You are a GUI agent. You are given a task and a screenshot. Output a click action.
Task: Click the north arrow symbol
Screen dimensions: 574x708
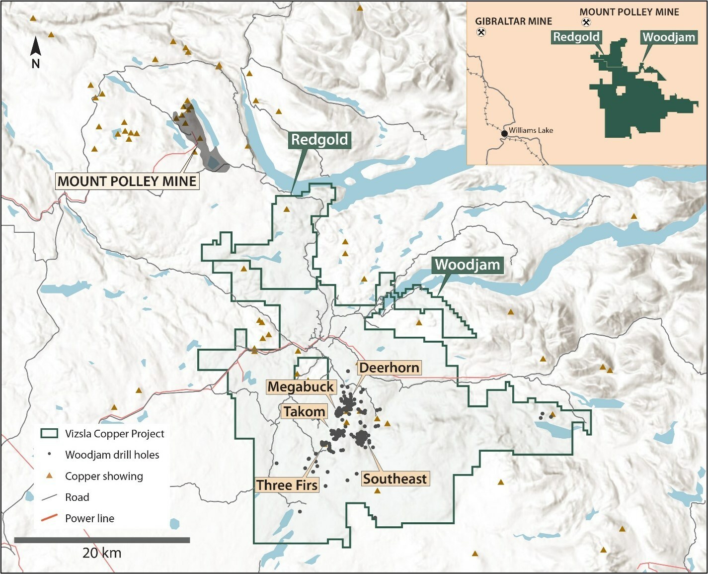(x=35, y=47)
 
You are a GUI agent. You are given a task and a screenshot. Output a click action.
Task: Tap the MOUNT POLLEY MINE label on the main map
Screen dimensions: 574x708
(x=127, y=181)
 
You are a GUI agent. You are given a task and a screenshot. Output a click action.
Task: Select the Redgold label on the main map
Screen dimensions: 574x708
(x=319, y=140)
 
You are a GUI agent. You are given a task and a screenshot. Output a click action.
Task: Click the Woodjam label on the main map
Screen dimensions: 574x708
(x=468, y=265)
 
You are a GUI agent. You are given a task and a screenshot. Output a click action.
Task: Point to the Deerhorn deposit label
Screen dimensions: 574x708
(x=389, y=368)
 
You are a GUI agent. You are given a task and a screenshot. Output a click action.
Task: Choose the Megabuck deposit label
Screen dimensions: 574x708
(x=301, y=387)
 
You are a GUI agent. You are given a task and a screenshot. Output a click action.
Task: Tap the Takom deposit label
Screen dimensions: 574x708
(x=304, y=412)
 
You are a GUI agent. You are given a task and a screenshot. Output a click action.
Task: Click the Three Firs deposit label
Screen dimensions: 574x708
(x=287, y=485)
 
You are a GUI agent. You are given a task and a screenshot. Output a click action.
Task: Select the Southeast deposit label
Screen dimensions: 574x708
(x=394, y=479)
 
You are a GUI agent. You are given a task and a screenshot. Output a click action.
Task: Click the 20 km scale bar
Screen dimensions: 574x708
(x=102, y=540)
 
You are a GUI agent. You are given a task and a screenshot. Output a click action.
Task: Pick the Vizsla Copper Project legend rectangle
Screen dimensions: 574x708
(x=50, y=434)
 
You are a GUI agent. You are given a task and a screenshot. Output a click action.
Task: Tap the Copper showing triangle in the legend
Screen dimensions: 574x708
(x=49, y=477)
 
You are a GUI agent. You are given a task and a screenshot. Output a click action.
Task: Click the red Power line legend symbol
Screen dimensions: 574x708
(x=49, y=518)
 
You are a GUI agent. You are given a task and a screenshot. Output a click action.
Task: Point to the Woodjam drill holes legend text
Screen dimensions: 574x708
(x=112, y=455)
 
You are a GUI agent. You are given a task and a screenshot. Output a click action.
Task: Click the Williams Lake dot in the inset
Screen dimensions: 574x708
(x=504, y=133)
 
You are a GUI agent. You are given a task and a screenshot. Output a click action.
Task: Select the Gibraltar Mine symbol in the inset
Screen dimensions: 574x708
(x=481, y=32)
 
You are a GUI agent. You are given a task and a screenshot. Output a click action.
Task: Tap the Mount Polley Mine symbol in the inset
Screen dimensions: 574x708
(x=586, y=22)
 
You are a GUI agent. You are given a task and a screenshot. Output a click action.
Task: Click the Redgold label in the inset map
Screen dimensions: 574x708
(x=576, y=37)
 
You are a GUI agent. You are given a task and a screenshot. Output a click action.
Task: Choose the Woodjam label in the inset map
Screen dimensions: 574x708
(x=668, y=37)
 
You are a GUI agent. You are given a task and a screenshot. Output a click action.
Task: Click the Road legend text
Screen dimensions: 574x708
(x=77, y=497)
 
